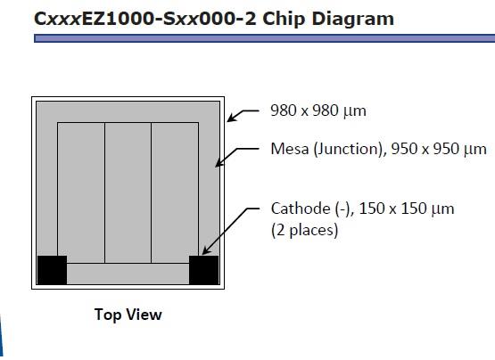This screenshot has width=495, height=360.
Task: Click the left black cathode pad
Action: click(x=52, y=270)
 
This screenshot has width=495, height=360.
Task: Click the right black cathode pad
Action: click(x=203, y=270)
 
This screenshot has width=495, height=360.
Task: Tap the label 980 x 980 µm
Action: click(x=318, y=110)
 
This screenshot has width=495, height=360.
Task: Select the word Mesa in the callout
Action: click(x=290, y=149)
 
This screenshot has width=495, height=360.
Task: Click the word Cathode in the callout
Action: click(x=301, y=209)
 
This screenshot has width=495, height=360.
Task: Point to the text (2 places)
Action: click(x=305, y=230)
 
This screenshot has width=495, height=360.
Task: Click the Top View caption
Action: click(x=128, y=315)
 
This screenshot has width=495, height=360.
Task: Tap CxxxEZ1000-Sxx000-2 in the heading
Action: click(x=144, y=19)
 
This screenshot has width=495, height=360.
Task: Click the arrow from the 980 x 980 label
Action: click(x=243, y=115)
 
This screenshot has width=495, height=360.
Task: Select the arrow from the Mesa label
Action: click(x=236, y=155)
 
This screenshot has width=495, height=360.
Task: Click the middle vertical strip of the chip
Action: click(x=128, y=192)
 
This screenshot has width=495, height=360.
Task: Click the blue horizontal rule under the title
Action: click(x=265, y=38)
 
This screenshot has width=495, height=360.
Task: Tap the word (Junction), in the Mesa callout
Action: click(x=350, y=149)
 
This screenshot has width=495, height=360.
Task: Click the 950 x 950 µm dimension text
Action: click(x=439, y=149)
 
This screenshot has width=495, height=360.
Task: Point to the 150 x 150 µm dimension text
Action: click(x=407, y=209)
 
